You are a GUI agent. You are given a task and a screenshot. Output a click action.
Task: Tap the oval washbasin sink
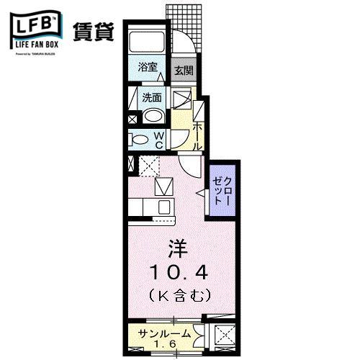pos(152,117)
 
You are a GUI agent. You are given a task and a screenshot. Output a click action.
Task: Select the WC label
pos(161,140)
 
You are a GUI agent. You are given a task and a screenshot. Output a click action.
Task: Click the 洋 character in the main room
pos(177,250)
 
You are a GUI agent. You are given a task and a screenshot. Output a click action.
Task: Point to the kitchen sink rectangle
pos(164,189)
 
